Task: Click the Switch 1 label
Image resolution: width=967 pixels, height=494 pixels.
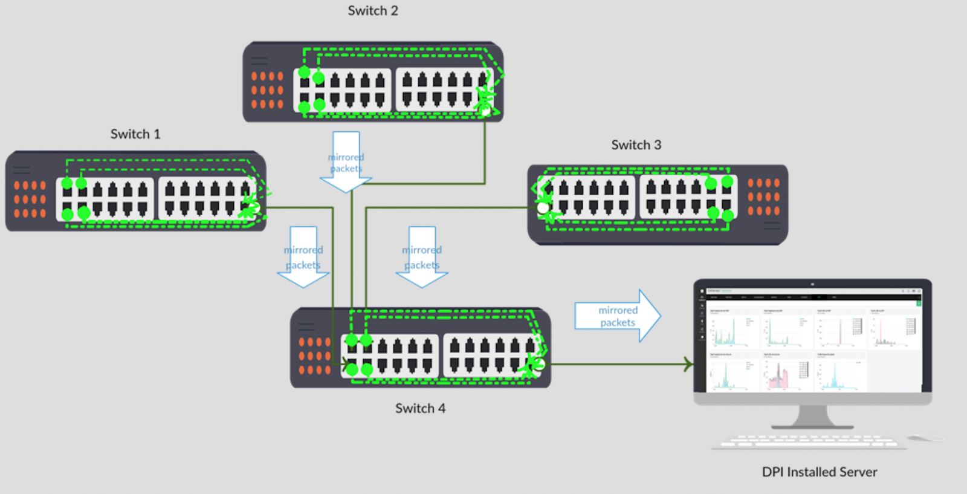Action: pyautogui.click(x=135, y=134)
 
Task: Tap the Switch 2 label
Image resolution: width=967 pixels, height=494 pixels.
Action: pyautogui.click(x=373, y=11)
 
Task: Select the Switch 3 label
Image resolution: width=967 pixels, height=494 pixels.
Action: pyautogui.click(x=636, y=145)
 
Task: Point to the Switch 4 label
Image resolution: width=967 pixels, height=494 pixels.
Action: pyautogui.click(x=420, y=409)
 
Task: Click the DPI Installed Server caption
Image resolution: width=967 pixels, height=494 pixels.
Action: pyautogui.click(x=819, y=472)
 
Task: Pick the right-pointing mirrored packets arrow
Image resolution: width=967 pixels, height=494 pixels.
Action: pyautogui.click(x=618, y=316)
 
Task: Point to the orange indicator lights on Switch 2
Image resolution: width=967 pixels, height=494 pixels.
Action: pyautogui.click(x=267, y=90)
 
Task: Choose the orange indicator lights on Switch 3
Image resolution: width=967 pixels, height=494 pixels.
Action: pyautogui.click(x=763, y=197)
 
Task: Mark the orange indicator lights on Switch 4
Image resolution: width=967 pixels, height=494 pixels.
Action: pyautogui.click(x=315, y=356)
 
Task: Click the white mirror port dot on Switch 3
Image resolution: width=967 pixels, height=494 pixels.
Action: pyautogui.click(x=543, y=208)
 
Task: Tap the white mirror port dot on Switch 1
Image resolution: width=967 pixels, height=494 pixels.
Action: pyautogui.click(x=254, y=208)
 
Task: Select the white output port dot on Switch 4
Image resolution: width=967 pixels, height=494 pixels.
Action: pyautogui.click(x=540, y=364)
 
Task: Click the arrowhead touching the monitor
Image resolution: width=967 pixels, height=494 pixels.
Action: pyautogui.click(x=688, y=364)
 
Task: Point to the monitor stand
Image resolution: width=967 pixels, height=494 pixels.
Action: pyautogui.click(x=812, y=417)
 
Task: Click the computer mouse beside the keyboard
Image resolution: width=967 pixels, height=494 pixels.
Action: pyautogui.click(x=925, y=438)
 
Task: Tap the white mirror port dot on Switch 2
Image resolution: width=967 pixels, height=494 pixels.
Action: pyautogui.click(x=485, y=111)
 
